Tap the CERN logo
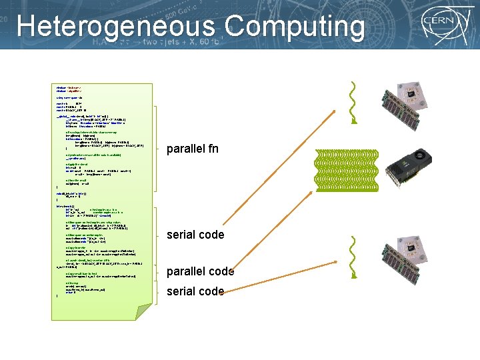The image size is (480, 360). tap(439, 27)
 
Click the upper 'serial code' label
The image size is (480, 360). tap(195, 235)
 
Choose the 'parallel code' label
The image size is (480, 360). tap(200, 271)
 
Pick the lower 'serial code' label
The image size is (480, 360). tap(195, 291)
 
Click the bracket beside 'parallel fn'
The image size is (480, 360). tap(157, 149)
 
